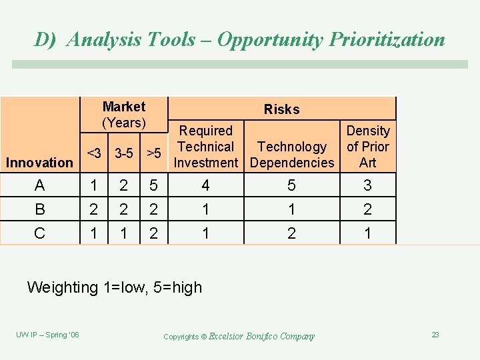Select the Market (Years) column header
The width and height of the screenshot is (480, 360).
coord(124,115)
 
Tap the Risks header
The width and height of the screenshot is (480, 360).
coord(281,109)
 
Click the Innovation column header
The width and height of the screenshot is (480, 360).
coord(39,163)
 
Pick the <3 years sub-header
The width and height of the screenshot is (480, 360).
coord(95,153)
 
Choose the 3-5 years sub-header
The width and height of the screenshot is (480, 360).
coord(123,153)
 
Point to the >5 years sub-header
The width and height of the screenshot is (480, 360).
coord(154,153)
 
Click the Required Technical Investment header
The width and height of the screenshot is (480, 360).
coord(206,147)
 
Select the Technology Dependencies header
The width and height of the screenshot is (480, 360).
coord(292,155)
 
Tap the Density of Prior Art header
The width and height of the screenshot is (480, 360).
coord(367,147)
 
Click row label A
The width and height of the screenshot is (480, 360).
coord(40,185)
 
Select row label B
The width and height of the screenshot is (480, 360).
coord(40,209)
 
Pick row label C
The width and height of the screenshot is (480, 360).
coord(40,233)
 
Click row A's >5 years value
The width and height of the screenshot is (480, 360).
coord(154,185)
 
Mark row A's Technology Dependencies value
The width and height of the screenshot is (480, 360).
coord(292,185)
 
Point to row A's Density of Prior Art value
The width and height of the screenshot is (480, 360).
coord(367,185)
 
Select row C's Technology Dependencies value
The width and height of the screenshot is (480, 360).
coord(292,233)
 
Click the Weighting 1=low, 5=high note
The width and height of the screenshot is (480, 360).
coord(114,287)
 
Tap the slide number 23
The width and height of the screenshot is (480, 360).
coord(435,335)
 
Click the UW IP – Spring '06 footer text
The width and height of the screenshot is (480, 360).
coord(47,335)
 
